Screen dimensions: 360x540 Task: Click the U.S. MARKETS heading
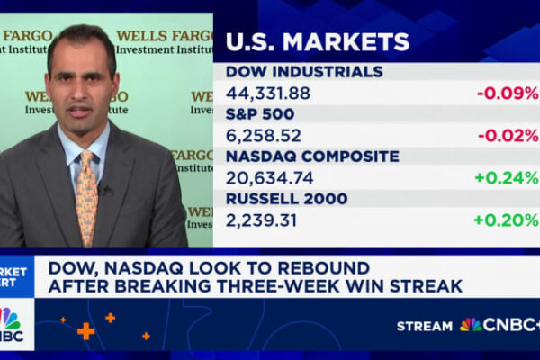point(317,41)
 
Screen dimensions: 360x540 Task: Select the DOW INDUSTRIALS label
point(303,72)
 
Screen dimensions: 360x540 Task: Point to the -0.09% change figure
point(508,93)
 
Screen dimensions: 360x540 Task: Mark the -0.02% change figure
point(508,135)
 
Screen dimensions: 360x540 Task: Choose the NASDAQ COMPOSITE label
point(311,157)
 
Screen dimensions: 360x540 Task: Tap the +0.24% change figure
point(507,177)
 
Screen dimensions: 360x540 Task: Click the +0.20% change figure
point(507,220)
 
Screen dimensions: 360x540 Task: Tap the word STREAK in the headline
point(422,287)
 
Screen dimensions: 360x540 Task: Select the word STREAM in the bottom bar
point(425,325)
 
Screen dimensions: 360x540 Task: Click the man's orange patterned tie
point(87,193)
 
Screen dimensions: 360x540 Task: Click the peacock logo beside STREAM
point(471,325)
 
